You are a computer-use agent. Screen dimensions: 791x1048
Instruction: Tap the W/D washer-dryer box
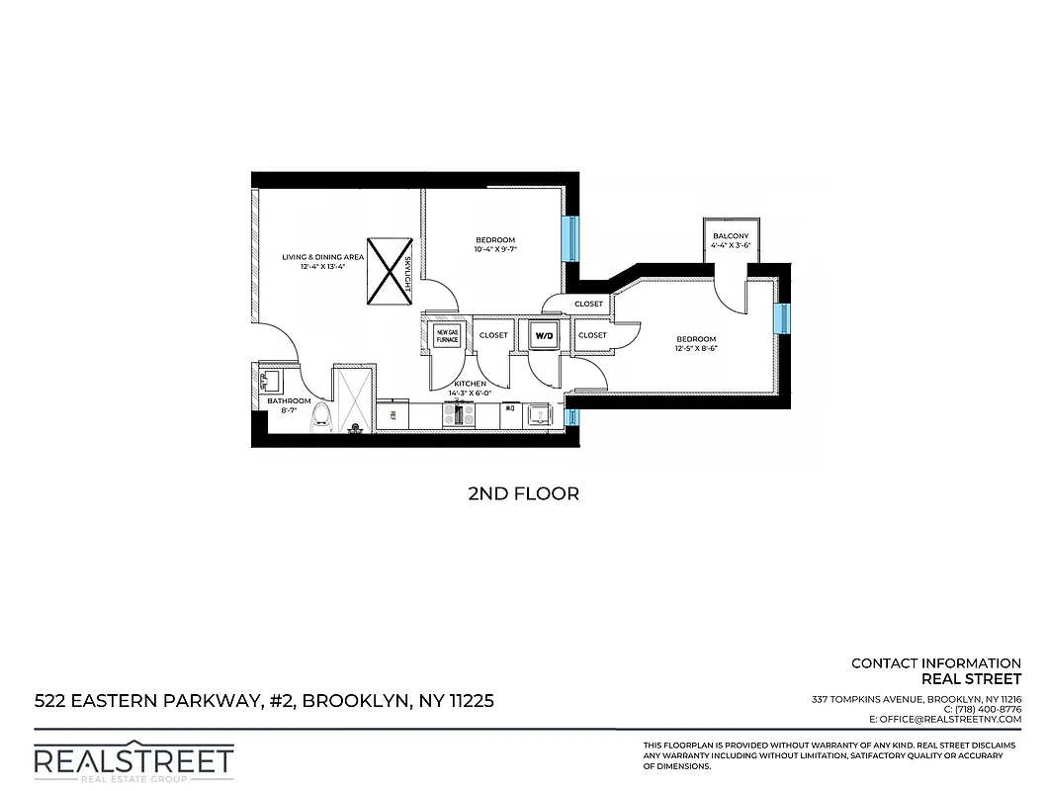[x=544, y=336]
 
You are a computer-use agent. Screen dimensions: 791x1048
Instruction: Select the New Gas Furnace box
[x=447, y=335]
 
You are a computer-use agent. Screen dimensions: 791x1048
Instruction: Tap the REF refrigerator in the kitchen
[x=393, y=414]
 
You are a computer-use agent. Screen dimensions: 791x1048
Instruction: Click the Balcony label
[x=731, y=235]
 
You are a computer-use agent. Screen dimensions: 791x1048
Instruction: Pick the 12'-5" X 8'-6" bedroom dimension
[x=696, y=348]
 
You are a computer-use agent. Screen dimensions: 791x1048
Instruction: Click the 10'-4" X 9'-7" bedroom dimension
[x=495, y=250]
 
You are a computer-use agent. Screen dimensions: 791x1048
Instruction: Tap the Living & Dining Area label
[x=322, y=257]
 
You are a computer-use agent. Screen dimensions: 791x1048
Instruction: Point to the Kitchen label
[x=470, y=384]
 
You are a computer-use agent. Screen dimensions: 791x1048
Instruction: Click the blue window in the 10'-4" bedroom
[x=570, y=238]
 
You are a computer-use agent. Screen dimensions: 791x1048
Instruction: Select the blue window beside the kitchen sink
[x=570, y=416]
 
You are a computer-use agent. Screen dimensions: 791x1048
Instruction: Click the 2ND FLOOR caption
[x=523, y=492]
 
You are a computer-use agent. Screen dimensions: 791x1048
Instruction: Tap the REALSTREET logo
[x=133, y=761]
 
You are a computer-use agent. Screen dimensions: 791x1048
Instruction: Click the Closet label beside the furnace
[x=493, y=335]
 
